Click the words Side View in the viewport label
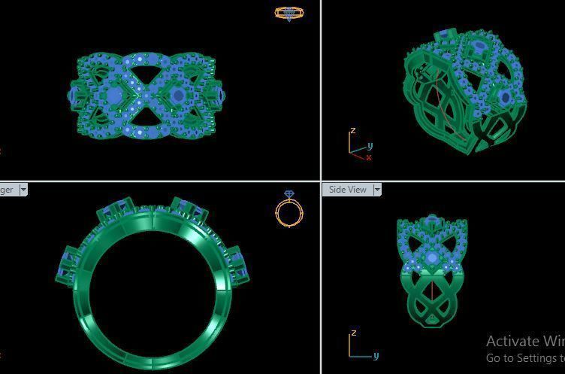[x=348, y=190]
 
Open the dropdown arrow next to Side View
[x=377, y=190]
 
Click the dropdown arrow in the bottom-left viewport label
[x=23, y=190]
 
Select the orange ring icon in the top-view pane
[x=289, y=13]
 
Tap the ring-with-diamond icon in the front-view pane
[x=289, y=208]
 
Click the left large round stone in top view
[x=114, y=96]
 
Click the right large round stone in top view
[x=178, y=96]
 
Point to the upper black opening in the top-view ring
[x=147, y=71]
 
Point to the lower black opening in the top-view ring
[x=147, y=118]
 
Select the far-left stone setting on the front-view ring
[x=67, y=263]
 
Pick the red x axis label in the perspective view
[x=368, y=158]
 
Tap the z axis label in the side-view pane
[x=353, y=333]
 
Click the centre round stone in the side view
[x=432, y=258]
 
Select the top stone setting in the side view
[x=432, y=221]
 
